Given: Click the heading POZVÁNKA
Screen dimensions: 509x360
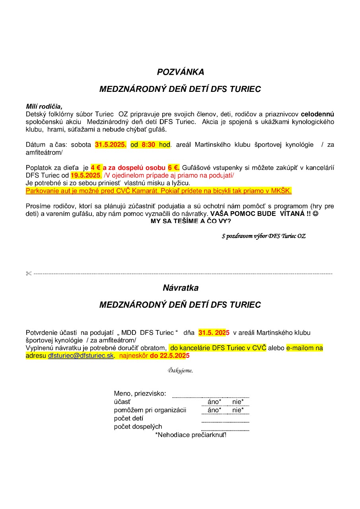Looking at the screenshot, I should coord(180,72).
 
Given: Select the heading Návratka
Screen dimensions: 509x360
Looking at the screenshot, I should coord(180,288).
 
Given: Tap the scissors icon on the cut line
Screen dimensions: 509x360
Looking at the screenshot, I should coord(28,274).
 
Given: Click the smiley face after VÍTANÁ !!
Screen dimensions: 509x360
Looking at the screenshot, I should coord(315,214).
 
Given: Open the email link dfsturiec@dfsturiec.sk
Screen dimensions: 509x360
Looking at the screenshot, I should coord(81,356).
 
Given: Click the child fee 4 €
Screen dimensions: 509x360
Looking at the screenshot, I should coord(96,168).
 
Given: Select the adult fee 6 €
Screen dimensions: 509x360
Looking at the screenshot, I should coord(173,168).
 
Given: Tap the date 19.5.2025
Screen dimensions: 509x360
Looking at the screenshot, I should coord(86,175).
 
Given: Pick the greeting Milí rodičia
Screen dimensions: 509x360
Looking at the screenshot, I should coord(44,106).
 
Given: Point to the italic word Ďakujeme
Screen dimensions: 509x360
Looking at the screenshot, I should coord(180,371).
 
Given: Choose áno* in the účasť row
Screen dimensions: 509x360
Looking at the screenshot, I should coord(214,402).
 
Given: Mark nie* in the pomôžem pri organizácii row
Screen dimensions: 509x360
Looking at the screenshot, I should coord(238,410).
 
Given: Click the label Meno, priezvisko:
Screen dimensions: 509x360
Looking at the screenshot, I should coord(140,394).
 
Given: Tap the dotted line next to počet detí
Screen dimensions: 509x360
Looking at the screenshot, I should coord(225,422).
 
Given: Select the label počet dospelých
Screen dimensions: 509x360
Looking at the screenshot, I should coord(138,427).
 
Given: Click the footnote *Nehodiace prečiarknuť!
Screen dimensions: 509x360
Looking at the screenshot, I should coord(191,435).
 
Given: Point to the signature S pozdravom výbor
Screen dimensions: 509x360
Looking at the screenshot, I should coord(263,236).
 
